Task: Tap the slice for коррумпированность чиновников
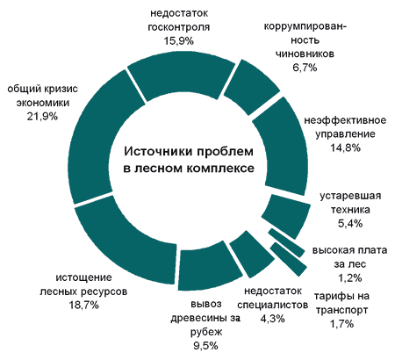[x=251, y=87]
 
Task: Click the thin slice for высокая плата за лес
[x=286, y=242]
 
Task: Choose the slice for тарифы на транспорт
[x=288, y=259]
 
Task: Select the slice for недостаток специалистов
[x=252, y=254]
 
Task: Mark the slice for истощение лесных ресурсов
[x=126, y=240]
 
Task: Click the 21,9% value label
[x=42, y=117]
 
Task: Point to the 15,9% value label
[x=178, y=41]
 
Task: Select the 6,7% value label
[x=305, y=68]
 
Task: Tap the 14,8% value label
[x=345, y=148]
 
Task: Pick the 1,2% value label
[x=350, y=277]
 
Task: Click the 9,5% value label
[x=206, y=346]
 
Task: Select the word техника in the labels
[x=350, y=210]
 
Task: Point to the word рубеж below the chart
[x=206, y=332]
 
